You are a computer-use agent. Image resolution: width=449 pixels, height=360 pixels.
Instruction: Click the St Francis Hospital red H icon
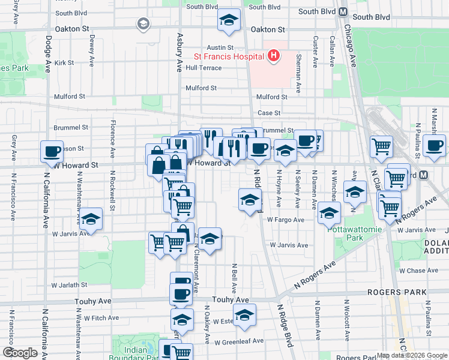pos(274,56)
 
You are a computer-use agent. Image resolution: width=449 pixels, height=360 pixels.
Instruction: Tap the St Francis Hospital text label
pos(229,57)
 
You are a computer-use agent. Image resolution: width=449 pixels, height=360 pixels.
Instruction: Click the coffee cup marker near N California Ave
pos(52,151)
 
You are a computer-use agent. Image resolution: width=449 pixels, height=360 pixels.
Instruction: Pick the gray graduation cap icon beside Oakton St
pos(143,24)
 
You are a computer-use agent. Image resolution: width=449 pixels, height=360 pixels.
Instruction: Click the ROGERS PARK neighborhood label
pos(399,292)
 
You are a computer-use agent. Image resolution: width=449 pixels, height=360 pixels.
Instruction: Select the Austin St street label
pos(220,47)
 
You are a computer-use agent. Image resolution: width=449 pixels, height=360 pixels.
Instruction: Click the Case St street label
pos(268,113)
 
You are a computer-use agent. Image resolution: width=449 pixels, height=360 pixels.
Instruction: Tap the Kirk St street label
pos(63,62)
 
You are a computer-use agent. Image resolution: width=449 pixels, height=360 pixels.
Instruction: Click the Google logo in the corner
pos(20,353)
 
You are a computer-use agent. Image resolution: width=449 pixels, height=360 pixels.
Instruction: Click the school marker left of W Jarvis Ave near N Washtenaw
pos(90,219)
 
